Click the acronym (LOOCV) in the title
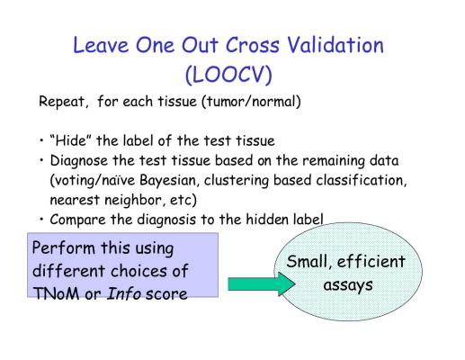pyautogui.click(x=228, y=74)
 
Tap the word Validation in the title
pyautogui.click(x=335, y=45)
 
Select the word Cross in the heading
pyautogui.click(x=253, y=45)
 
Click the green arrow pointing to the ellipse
pyautogui.click(x=262, y=283)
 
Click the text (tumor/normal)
pyautogui.click(x=251, y=102)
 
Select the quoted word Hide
pyautogui.click(x=71, y=140)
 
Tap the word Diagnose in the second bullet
pyautogui.click(x=78, y=161)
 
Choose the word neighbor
pyautogui.click(x=134, y=200)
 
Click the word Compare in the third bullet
pyautogui.click(x=78, y=220)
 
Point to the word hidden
pyautogui.click(x=267, y=220)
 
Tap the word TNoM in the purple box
pyautogui.click(x=56, y=293)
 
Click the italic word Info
pyautogui.click(x=124, y=293)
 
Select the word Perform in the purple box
pyautogui.click(x=63, y=248)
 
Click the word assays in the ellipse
pyautogui.click(x=348, y=285)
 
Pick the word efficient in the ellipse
pyautogui.click(x=371, y=262)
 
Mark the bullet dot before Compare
pyautogui.click(x=41, y=220)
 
